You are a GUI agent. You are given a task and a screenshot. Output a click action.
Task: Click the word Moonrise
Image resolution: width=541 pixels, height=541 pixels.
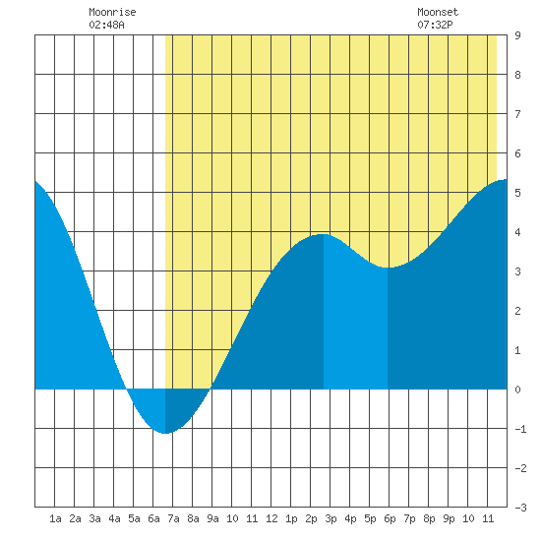click(x=112, y=12)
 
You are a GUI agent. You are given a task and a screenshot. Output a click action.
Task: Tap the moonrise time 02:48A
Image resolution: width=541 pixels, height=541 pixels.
click(x=106, y=25)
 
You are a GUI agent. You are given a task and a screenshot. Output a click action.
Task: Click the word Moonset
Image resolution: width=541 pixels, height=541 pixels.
click(x=438, y=12)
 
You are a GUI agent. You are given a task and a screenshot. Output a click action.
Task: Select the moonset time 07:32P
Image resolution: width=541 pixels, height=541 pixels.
click(x=435, y=25)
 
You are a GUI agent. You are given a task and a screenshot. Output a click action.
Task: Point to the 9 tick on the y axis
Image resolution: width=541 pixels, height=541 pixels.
click(x=517, y=35)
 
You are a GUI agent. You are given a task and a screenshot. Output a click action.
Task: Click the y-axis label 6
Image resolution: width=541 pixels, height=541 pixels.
click(x=517, y=153)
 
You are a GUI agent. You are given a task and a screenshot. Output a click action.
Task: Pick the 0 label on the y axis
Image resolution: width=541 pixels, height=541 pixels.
click(x=517, y=390)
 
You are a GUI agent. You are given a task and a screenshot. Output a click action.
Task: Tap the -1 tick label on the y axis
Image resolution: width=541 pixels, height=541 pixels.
click(x=520, y=429)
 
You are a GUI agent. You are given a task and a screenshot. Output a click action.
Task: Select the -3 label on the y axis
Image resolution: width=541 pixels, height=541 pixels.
click(x=520, y=508)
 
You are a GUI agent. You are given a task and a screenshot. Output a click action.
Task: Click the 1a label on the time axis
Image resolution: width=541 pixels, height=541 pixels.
click(x=55, y=518)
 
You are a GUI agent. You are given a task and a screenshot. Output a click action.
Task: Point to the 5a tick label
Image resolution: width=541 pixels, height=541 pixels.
click(x=134, y=518)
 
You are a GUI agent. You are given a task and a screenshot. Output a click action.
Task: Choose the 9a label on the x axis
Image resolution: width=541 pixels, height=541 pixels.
click(x=212, y=518)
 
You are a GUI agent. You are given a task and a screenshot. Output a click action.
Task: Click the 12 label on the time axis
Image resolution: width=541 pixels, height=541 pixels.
click(x=271, y=518)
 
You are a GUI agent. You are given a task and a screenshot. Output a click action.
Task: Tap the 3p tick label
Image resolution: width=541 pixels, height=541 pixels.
click(x=331, y=518)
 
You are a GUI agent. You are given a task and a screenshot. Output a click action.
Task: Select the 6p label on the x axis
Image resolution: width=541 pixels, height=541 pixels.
click(x=390, y=518)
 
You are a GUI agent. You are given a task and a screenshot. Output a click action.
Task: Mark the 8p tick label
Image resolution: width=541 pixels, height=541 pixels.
click(x=429, y=518)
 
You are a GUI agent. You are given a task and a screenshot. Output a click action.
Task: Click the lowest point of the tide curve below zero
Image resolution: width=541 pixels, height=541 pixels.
click(x=165, y=433)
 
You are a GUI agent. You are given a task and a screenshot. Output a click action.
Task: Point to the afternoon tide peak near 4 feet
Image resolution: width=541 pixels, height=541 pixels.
click(x=323, y=234)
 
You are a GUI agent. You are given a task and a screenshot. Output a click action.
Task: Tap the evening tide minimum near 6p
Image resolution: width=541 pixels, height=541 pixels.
click(x=388, y=268)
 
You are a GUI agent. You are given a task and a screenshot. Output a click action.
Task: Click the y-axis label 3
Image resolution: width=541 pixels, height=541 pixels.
click(x=517, y=271)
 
